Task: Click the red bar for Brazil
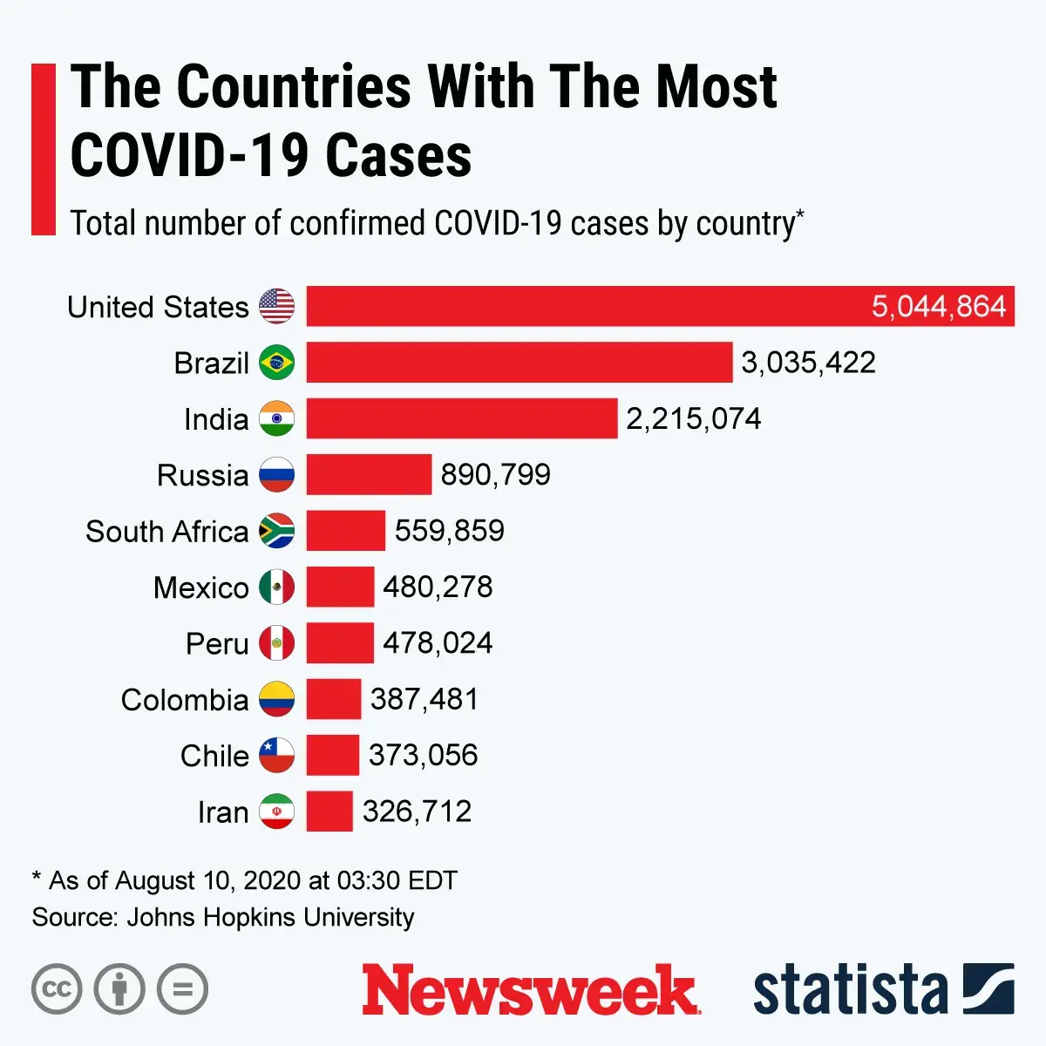(519, 363)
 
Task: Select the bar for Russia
(369, 475)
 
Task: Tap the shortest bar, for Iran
(329, 812)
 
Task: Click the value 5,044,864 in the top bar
(939, 307)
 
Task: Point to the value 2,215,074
(693, 419)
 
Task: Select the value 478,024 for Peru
(438, 643)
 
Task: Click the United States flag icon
(277, 307)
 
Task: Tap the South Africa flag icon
(277, 531)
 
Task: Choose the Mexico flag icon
(277, 588)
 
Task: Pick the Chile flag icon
(277, 756)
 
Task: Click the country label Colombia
(185, 700)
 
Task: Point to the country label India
(216, 419)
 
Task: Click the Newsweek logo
(530, 990)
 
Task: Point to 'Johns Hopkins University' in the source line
(270, 917)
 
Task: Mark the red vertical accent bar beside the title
(43, 149)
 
